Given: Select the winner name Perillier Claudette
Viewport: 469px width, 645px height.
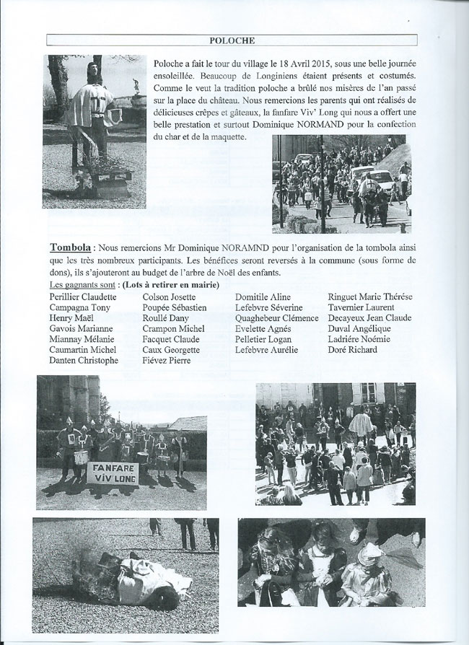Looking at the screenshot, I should pos(83,297).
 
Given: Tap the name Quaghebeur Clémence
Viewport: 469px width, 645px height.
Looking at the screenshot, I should pos(277,318).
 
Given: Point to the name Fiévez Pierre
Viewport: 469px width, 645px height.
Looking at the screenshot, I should pos(167,361).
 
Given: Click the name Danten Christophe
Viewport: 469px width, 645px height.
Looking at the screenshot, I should pos(84,361).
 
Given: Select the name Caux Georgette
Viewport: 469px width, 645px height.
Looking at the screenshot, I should pos(172,350).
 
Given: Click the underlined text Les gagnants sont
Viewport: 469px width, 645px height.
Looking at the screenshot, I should pos(82,286).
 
